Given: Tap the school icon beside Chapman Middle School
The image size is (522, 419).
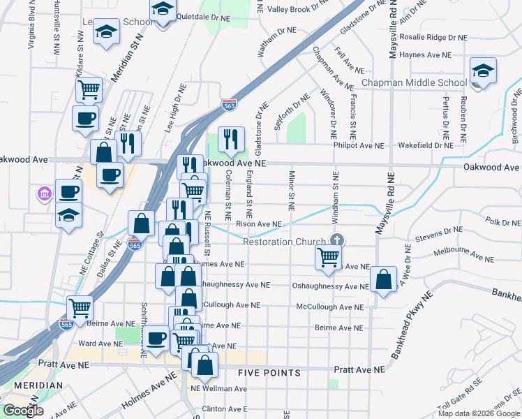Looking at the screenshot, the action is click(x=482, y=72).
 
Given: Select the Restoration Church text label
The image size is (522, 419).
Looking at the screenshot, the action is click(x=284, y=242).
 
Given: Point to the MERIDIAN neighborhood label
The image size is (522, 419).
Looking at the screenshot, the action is click(x=32, y=385).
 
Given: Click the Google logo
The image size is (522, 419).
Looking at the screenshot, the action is click(x=23, y=411).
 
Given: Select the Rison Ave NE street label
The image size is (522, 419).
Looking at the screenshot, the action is click(x=258, y=224).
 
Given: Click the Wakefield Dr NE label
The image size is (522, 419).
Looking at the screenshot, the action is click(x=426, y=146).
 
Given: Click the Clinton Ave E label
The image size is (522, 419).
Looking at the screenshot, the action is click(x=225, y=409).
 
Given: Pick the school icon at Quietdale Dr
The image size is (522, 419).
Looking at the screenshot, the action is click(x=163, y=11).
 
